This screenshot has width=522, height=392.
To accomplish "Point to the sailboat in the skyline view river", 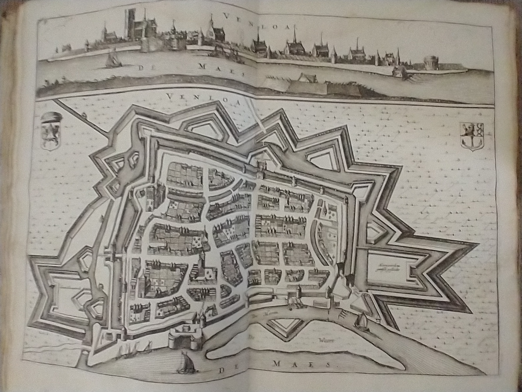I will pos(111,58).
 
